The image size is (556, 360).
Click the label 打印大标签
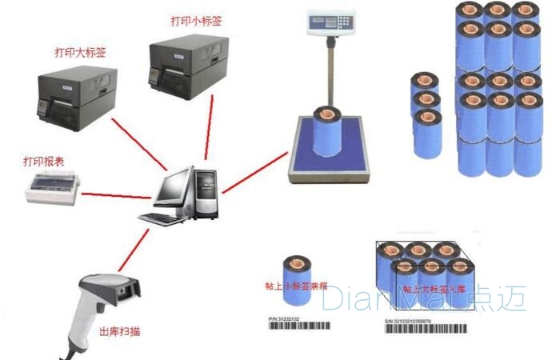point(80,52)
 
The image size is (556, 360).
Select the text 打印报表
point(43,162)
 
